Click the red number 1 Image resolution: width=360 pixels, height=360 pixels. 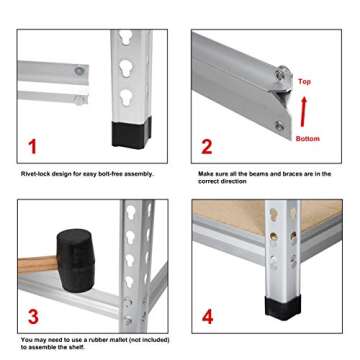point(32,147)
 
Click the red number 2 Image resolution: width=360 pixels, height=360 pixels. point(207,147)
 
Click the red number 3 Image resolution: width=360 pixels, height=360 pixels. point(32,318)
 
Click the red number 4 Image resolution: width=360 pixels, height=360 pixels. point(208,318)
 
